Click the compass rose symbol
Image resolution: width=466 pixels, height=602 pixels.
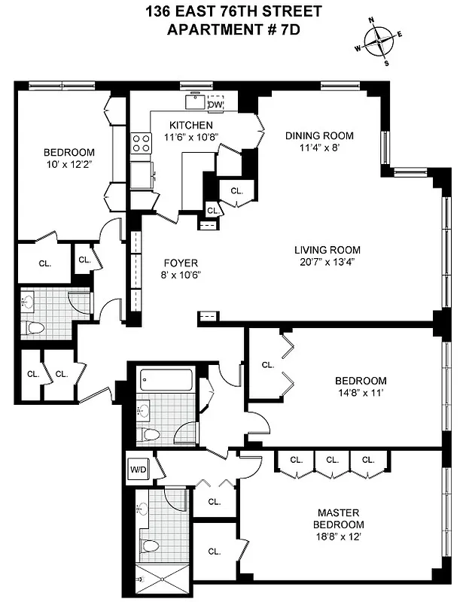pyautogui.click(x=379, y=41)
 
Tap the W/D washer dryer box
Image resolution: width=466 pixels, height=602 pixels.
pyautogui.click(x=139, y=470)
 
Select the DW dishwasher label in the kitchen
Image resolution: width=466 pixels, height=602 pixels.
pyautogui.click(x=215, y=105)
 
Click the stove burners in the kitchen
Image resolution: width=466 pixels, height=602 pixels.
pyautogui.click(x=141, y=143)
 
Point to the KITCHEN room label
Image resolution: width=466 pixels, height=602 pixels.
pyautogui.click(x=190, y=125)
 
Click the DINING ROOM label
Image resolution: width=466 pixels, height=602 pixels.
pyautogui.click(x=318, y=136)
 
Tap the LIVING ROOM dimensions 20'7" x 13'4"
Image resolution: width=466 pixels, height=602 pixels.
pyautogui.click(x=327, y=262)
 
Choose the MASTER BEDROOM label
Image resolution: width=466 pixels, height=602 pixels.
pyautogui.click(x=340, y=518)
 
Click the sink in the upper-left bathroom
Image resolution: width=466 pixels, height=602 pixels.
pyautogui.click(x=29, y=303)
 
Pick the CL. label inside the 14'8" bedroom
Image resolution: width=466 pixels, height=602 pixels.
pyautogui.click(x=267, y=364)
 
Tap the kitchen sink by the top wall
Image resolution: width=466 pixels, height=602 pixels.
pyautogui.click(x=195, y=100)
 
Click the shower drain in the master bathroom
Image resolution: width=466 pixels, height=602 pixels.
pyautogui.click(x=139, y=579)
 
